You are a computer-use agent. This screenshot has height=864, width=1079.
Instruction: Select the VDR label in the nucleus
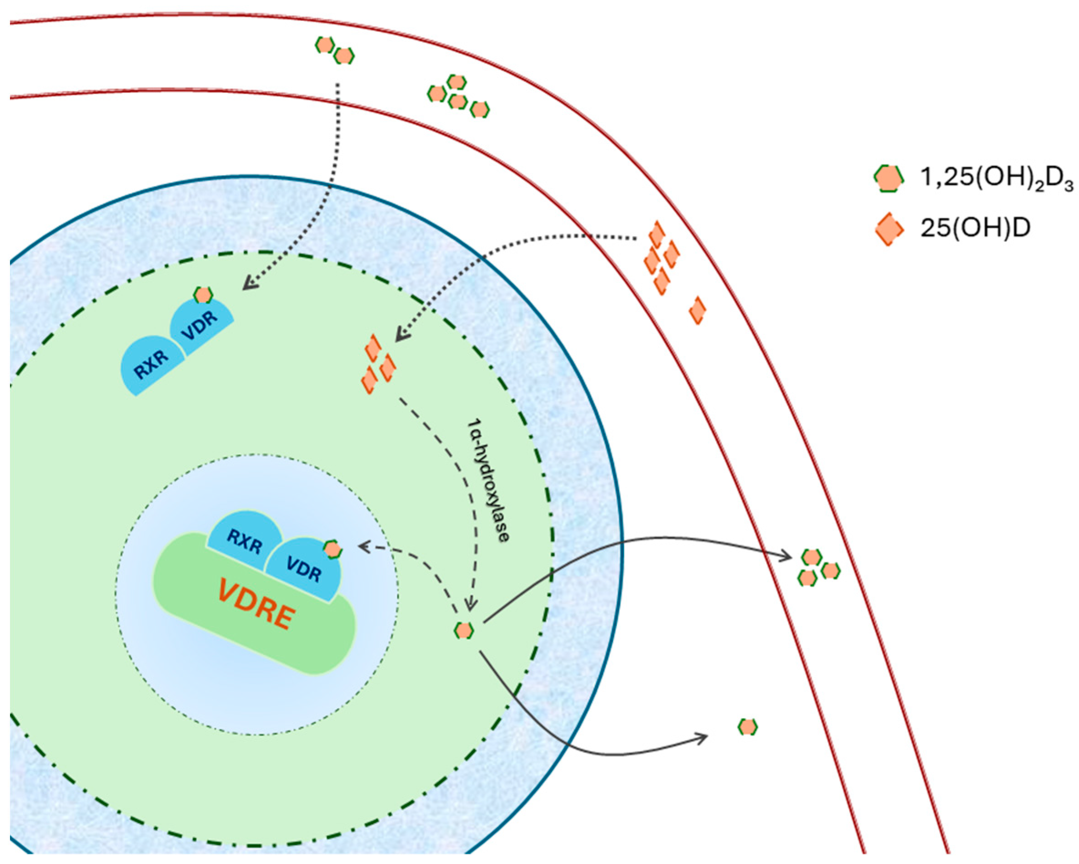(x=304, y=570)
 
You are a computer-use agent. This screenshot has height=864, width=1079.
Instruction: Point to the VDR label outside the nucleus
(x=199, y=325)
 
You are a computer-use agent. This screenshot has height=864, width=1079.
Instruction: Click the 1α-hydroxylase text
(x=488, y=479)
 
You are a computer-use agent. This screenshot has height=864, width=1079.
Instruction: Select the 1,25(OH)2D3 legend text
(x=996, y=178)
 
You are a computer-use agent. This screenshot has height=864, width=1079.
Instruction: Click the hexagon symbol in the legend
(x=888, y=179)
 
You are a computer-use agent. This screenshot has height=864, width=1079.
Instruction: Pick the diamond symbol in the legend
(x=889, y=229)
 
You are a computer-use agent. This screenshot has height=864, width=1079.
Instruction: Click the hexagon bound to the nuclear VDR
(x=332, y=550)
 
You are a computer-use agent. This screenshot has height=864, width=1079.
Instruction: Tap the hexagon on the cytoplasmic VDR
(x=203, y=295)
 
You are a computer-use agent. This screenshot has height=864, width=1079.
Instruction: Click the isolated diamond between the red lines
(x=697, y=310)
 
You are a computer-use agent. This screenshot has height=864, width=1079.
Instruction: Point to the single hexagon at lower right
(x=748, y=726)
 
